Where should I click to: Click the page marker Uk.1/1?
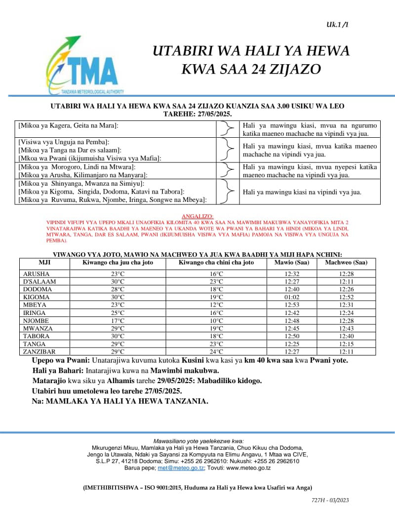coord(337,24)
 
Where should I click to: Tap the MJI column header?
coord(44,263)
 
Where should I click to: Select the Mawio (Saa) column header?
coord(292,263)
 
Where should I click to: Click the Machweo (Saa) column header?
coord(346,263)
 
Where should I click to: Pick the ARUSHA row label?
coord(37,274)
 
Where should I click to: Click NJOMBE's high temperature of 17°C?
coord(118,320)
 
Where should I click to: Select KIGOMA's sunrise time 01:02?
coord(292,297)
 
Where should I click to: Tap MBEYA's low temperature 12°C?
coord(216,305)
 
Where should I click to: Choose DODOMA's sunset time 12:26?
coord(346,289)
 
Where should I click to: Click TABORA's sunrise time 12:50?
coord(292,336)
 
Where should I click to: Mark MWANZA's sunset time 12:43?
coord(346,328)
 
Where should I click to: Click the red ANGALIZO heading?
coord(197,216)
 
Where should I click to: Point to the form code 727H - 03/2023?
coord(330,500)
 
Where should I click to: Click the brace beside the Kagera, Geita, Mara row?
coord(227,129)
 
